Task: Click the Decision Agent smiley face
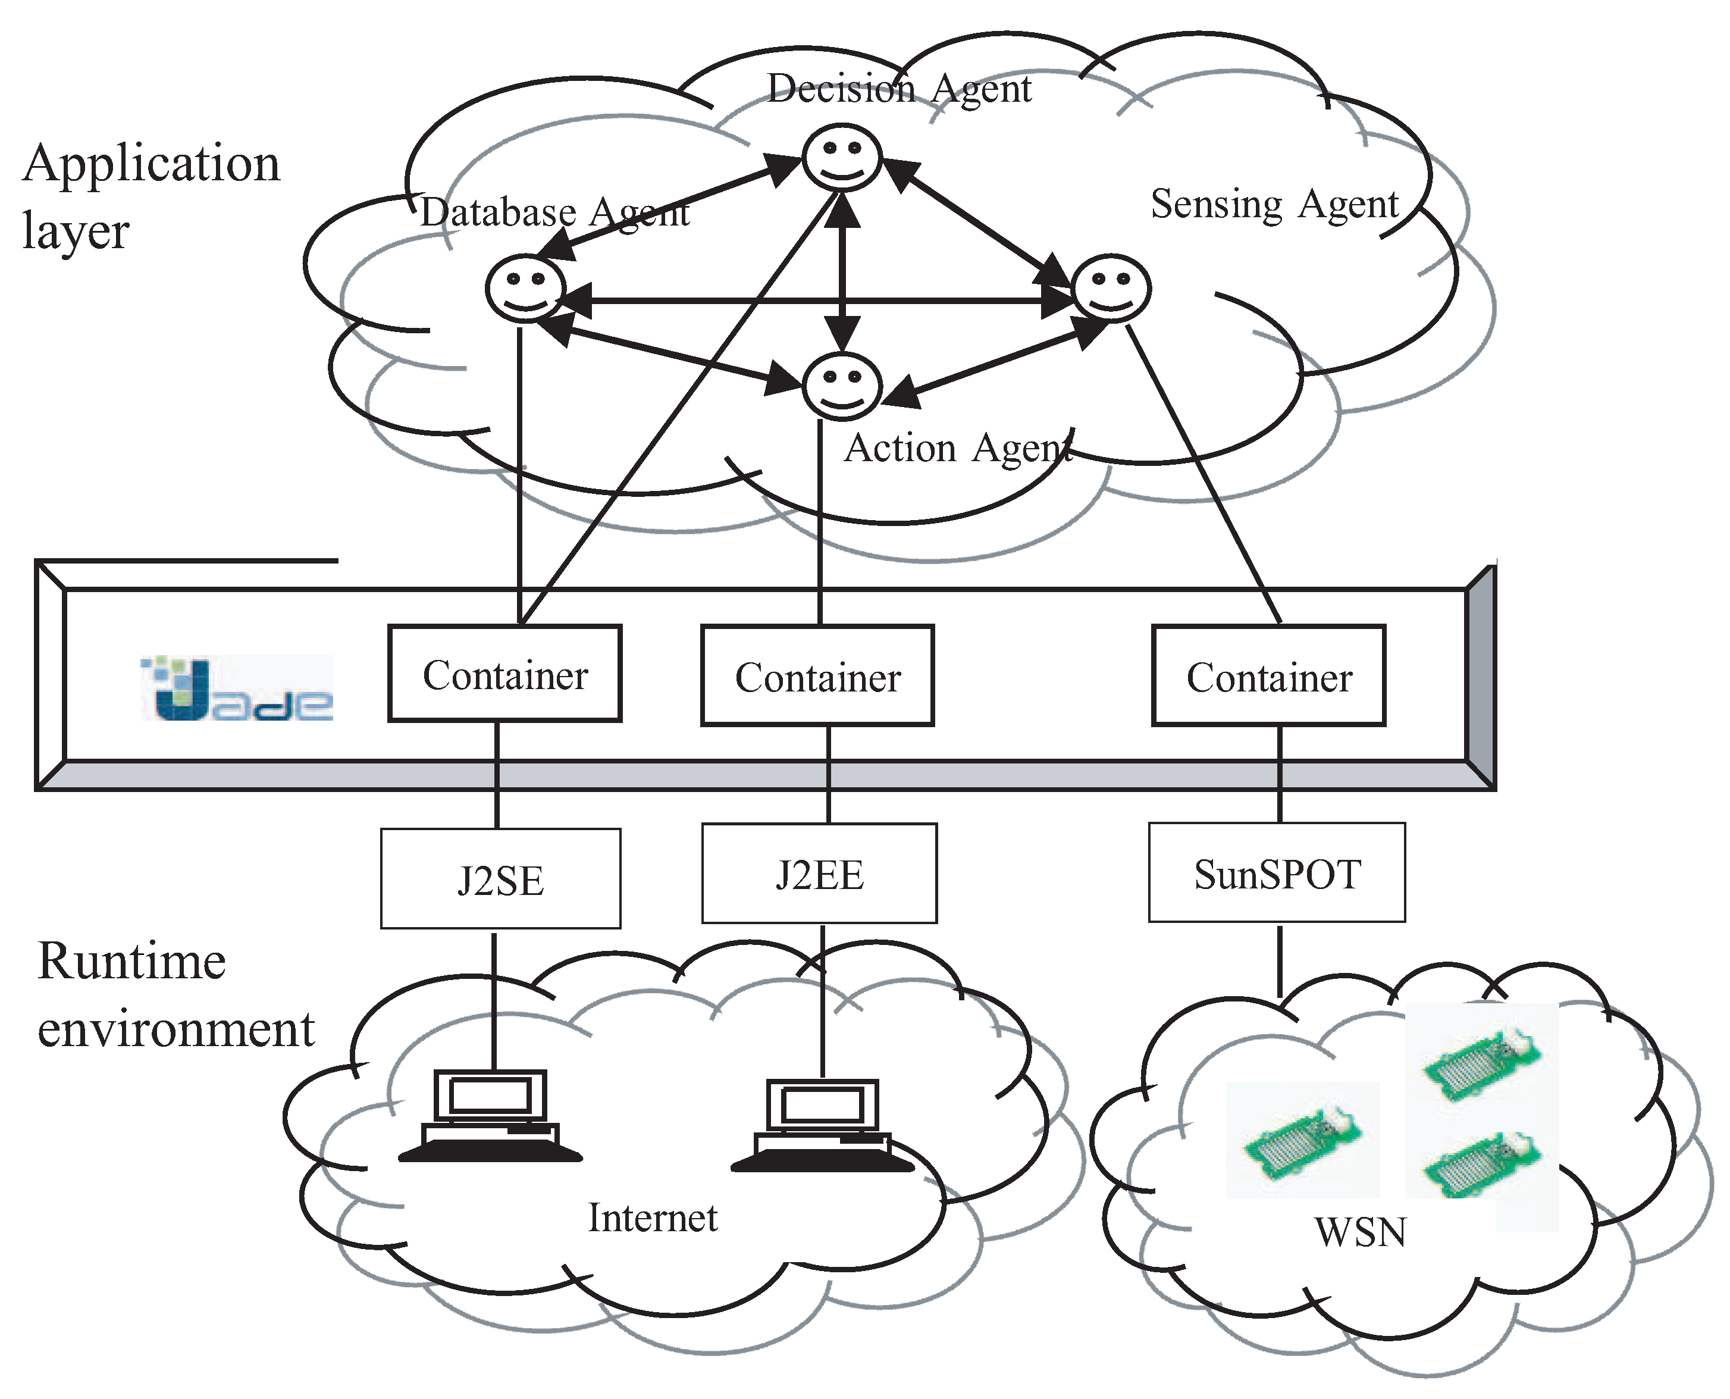coord(842,157)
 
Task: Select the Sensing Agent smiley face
coord(1111,289)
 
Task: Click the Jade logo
coord(237,689)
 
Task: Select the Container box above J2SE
coord(504,674)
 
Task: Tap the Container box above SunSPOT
coord(1268,676)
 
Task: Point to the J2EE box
coord(819,874)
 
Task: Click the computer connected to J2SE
coord(490,1116)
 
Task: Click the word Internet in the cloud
coord(652,1218)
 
